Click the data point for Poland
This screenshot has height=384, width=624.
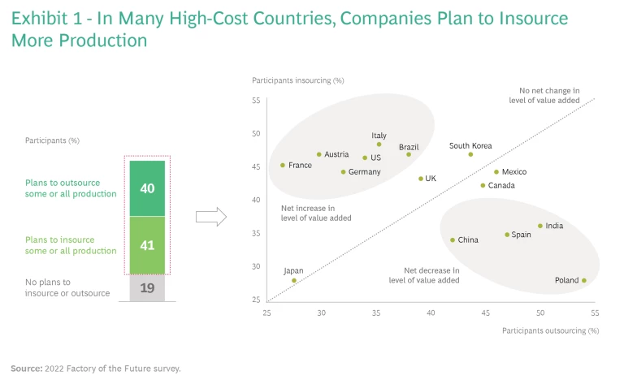pos(583,280)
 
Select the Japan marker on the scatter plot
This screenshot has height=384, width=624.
pos(294,280)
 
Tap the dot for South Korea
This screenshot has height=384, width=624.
pos(470,154)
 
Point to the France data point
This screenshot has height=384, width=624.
pos(283,165)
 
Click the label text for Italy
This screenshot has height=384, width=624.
pos(379,136)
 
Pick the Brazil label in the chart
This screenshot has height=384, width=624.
pos(409,147)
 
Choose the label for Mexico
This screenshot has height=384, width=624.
pos(514,172)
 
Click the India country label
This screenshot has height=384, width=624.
pos(554,226)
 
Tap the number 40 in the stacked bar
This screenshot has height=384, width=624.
pos(147,188)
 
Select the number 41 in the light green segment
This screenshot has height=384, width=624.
pos(147,244)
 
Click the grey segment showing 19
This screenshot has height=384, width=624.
pos(147,287)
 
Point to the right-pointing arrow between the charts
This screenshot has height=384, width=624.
pos(211,217)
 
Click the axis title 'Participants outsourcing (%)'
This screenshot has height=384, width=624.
pos(550,330)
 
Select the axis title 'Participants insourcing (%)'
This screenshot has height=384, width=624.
pos(298,80)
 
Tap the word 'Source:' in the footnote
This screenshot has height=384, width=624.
pos(25,368)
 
